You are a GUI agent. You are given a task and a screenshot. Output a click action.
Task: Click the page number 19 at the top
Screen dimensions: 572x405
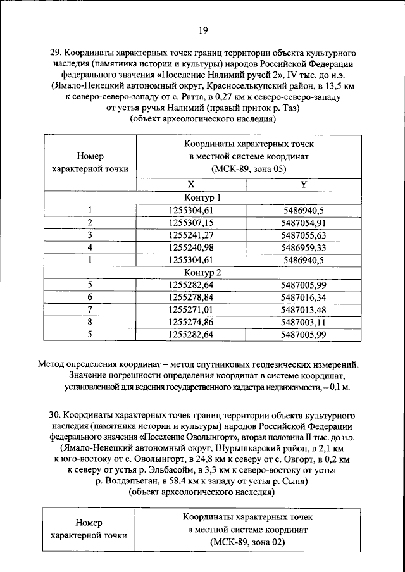(x=202, y=30)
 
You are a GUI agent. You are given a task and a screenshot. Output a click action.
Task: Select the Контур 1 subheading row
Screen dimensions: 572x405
(x=202, y=197)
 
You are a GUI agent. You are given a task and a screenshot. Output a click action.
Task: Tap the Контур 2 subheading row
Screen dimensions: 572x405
(x=202, y=273)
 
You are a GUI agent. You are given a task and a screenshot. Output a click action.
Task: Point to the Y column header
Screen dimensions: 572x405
(x=303, y=184)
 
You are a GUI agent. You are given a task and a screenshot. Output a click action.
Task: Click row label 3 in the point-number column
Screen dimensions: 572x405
(x=90, y=235)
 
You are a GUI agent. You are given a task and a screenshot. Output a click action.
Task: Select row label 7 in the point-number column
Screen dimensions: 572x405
(x=90, y=309)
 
